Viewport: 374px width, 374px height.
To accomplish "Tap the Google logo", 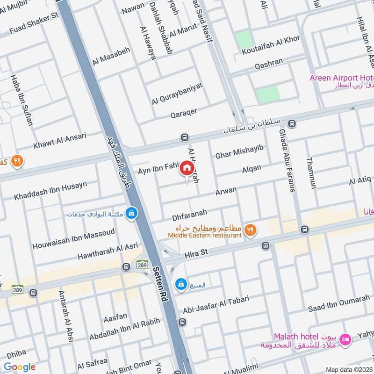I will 19,367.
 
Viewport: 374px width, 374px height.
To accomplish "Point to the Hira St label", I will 196,252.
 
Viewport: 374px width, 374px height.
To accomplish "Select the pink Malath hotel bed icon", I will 346,338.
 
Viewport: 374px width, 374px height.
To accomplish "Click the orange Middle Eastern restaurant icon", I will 251,229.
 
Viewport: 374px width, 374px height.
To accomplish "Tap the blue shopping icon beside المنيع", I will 180,284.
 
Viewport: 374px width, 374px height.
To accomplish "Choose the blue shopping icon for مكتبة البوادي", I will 132,213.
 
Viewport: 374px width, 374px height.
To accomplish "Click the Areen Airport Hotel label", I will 341,78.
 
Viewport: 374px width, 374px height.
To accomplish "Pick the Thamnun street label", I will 310,173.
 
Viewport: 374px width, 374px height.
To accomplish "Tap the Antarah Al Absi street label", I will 65,316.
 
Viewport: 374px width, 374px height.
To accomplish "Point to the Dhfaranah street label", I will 189,214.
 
